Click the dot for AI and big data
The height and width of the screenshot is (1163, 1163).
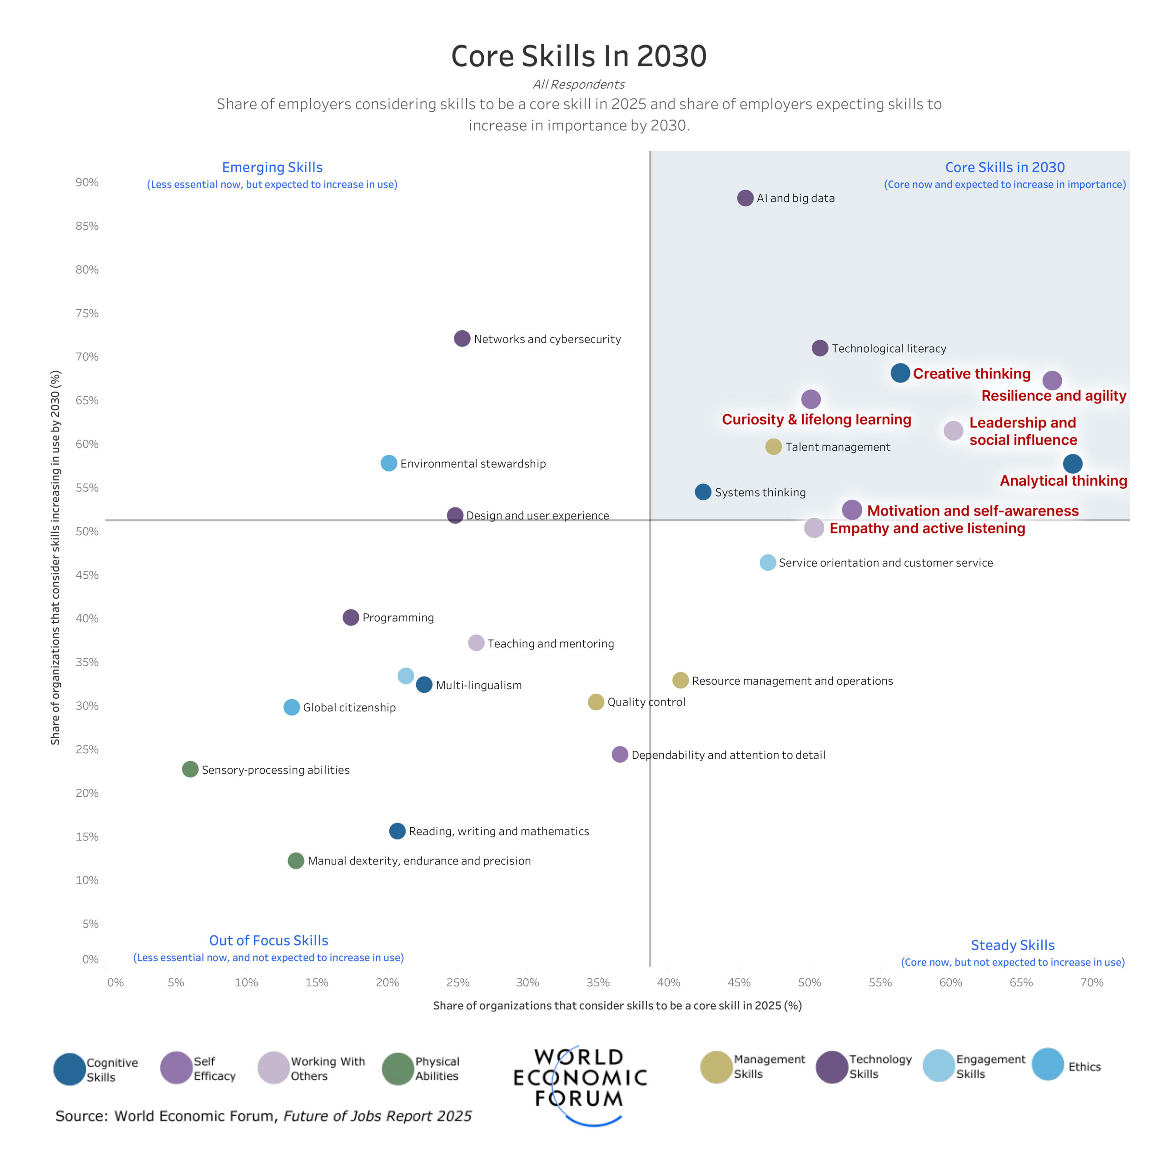[x=745, y=198]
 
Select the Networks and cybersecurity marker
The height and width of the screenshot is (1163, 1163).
[x=462, y=338]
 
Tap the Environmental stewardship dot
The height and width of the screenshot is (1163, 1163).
[x=389, y=463]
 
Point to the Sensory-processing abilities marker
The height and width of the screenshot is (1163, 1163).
[x=190, y=769]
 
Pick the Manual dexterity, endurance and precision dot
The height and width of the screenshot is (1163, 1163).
[x=296, y=860]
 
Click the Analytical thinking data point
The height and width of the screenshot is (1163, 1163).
[x=1072, y=463]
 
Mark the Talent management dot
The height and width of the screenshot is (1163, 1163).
[x=773, y=447]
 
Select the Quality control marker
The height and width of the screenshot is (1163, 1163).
[x=595, y=701]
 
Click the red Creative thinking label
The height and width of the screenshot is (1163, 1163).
[x=972, y=374]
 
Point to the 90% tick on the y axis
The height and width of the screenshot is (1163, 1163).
[x=87, y=182]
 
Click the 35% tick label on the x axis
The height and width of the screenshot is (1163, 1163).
[x=598, y=982]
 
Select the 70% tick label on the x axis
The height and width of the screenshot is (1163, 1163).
[x=1091, y=982]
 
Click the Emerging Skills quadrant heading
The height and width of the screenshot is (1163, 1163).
[x=272, y=167]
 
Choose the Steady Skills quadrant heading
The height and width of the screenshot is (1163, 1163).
[x=1013, y=945]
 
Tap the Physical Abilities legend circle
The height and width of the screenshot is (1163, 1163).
[x=398, y=1069]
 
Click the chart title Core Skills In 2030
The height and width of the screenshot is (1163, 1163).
[x=578, y=56]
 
